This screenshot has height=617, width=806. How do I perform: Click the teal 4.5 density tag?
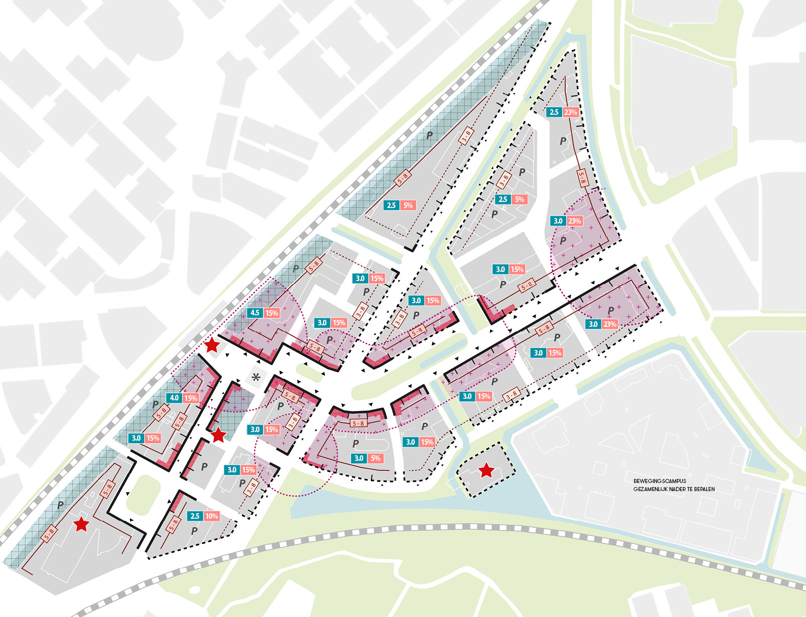coord(255,313)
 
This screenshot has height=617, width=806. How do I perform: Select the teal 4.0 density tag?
coord(174,398)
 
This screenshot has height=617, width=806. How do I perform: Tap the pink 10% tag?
coord(212,516)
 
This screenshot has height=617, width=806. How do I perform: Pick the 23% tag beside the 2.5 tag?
coord(571,112)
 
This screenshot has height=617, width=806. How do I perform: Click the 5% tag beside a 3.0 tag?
coord(375,458)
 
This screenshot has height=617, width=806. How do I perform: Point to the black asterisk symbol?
coord(256,377)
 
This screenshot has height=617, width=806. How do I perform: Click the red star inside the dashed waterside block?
coord(486,470)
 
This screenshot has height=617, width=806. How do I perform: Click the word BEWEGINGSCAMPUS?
coord(659,481)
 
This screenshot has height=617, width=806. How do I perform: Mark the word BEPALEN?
coord(704,489)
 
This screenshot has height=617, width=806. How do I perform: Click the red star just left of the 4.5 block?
coord(212,345)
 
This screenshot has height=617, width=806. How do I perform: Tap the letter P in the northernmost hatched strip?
coord(429,135)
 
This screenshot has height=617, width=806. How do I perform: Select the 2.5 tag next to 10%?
coord(195,516)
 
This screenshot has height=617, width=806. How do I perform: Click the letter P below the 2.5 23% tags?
coord(563,141)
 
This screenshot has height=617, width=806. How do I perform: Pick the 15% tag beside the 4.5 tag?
coord(272,313)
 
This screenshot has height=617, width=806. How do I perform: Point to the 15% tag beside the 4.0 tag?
coord(191,398)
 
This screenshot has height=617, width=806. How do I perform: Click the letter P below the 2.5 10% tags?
coord(194,531)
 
